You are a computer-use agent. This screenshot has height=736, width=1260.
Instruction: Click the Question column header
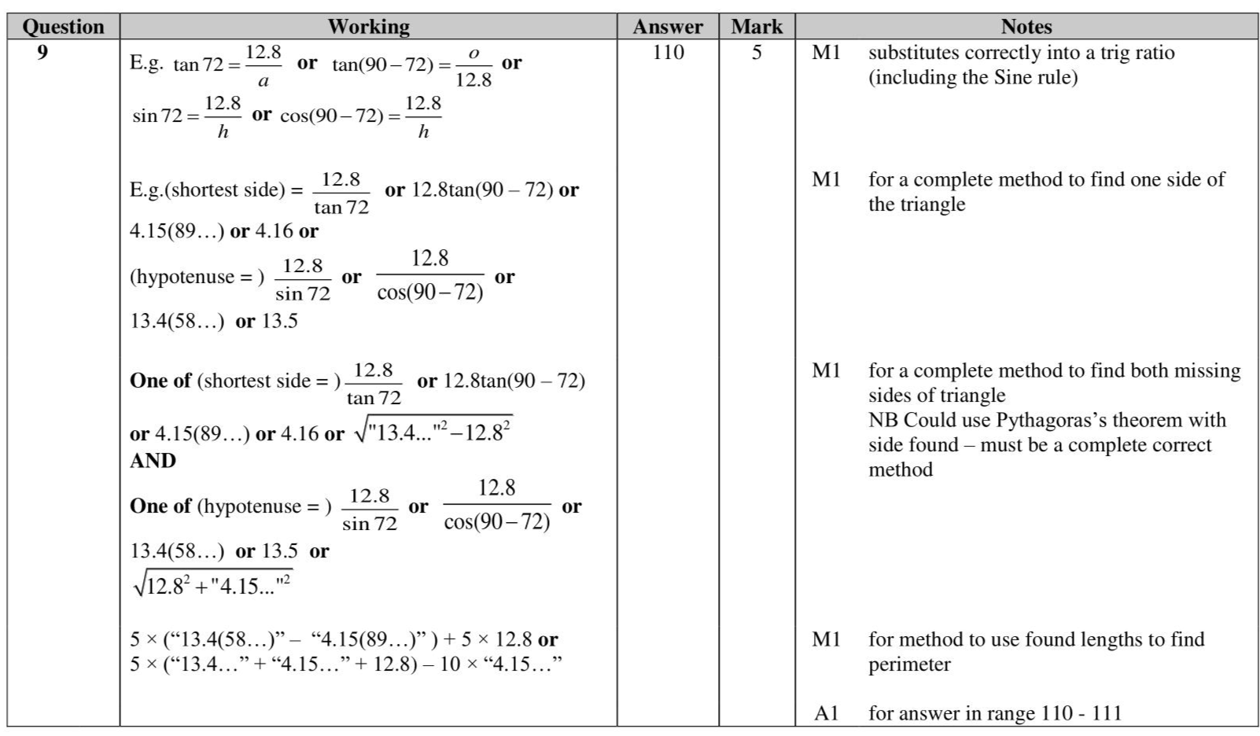pyautogui.click(x=63, y=27)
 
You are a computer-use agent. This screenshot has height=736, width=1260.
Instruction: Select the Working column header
pyautogui.click(x=368, y=27)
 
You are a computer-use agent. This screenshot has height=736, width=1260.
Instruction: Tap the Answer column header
pyautogui.click(x=668, y=27)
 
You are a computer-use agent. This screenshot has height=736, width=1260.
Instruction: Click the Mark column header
pyautogui.click(x=757, y=27)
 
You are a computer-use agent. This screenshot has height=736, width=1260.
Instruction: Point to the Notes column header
pyautogui.click(x=1026, y=27)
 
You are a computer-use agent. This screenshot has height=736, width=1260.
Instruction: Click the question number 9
pyautogui.click(x=42, y=53)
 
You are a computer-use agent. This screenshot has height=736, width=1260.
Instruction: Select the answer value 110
pyautogui.click(x=668, y=53)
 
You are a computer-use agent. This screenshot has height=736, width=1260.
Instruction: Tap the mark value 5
pyautogui.click(x=757, y=53)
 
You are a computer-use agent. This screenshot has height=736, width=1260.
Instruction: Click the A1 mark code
pyautogui.click(x=826, y=713)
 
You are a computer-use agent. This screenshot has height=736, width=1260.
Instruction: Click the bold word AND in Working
pyautogui.click(x=153, y=461)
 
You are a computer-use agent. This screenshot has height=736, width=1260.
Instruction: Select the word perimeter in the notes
pyautogui.click(x=909, y=664)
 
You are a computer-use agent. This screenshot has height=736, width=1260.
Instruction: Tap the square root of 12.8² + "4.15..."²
pyautogui.click(x=213, y=584)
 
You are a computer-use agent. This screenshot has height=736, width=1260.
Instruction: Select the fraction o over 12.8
pyautogui.click(x=473, y=66)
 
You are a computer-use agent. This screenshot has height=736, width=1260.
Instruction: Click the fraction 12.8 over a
pyautogui.click(x=263, y=66)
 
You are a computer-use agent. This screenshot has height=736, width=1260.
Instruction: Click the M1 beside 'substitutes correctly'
pyautogui.click(x=826, y=53)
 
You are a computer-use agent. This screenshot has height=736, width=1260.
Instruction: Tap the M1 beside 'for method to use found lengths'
pyautogui.click(x=826, y=639)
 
